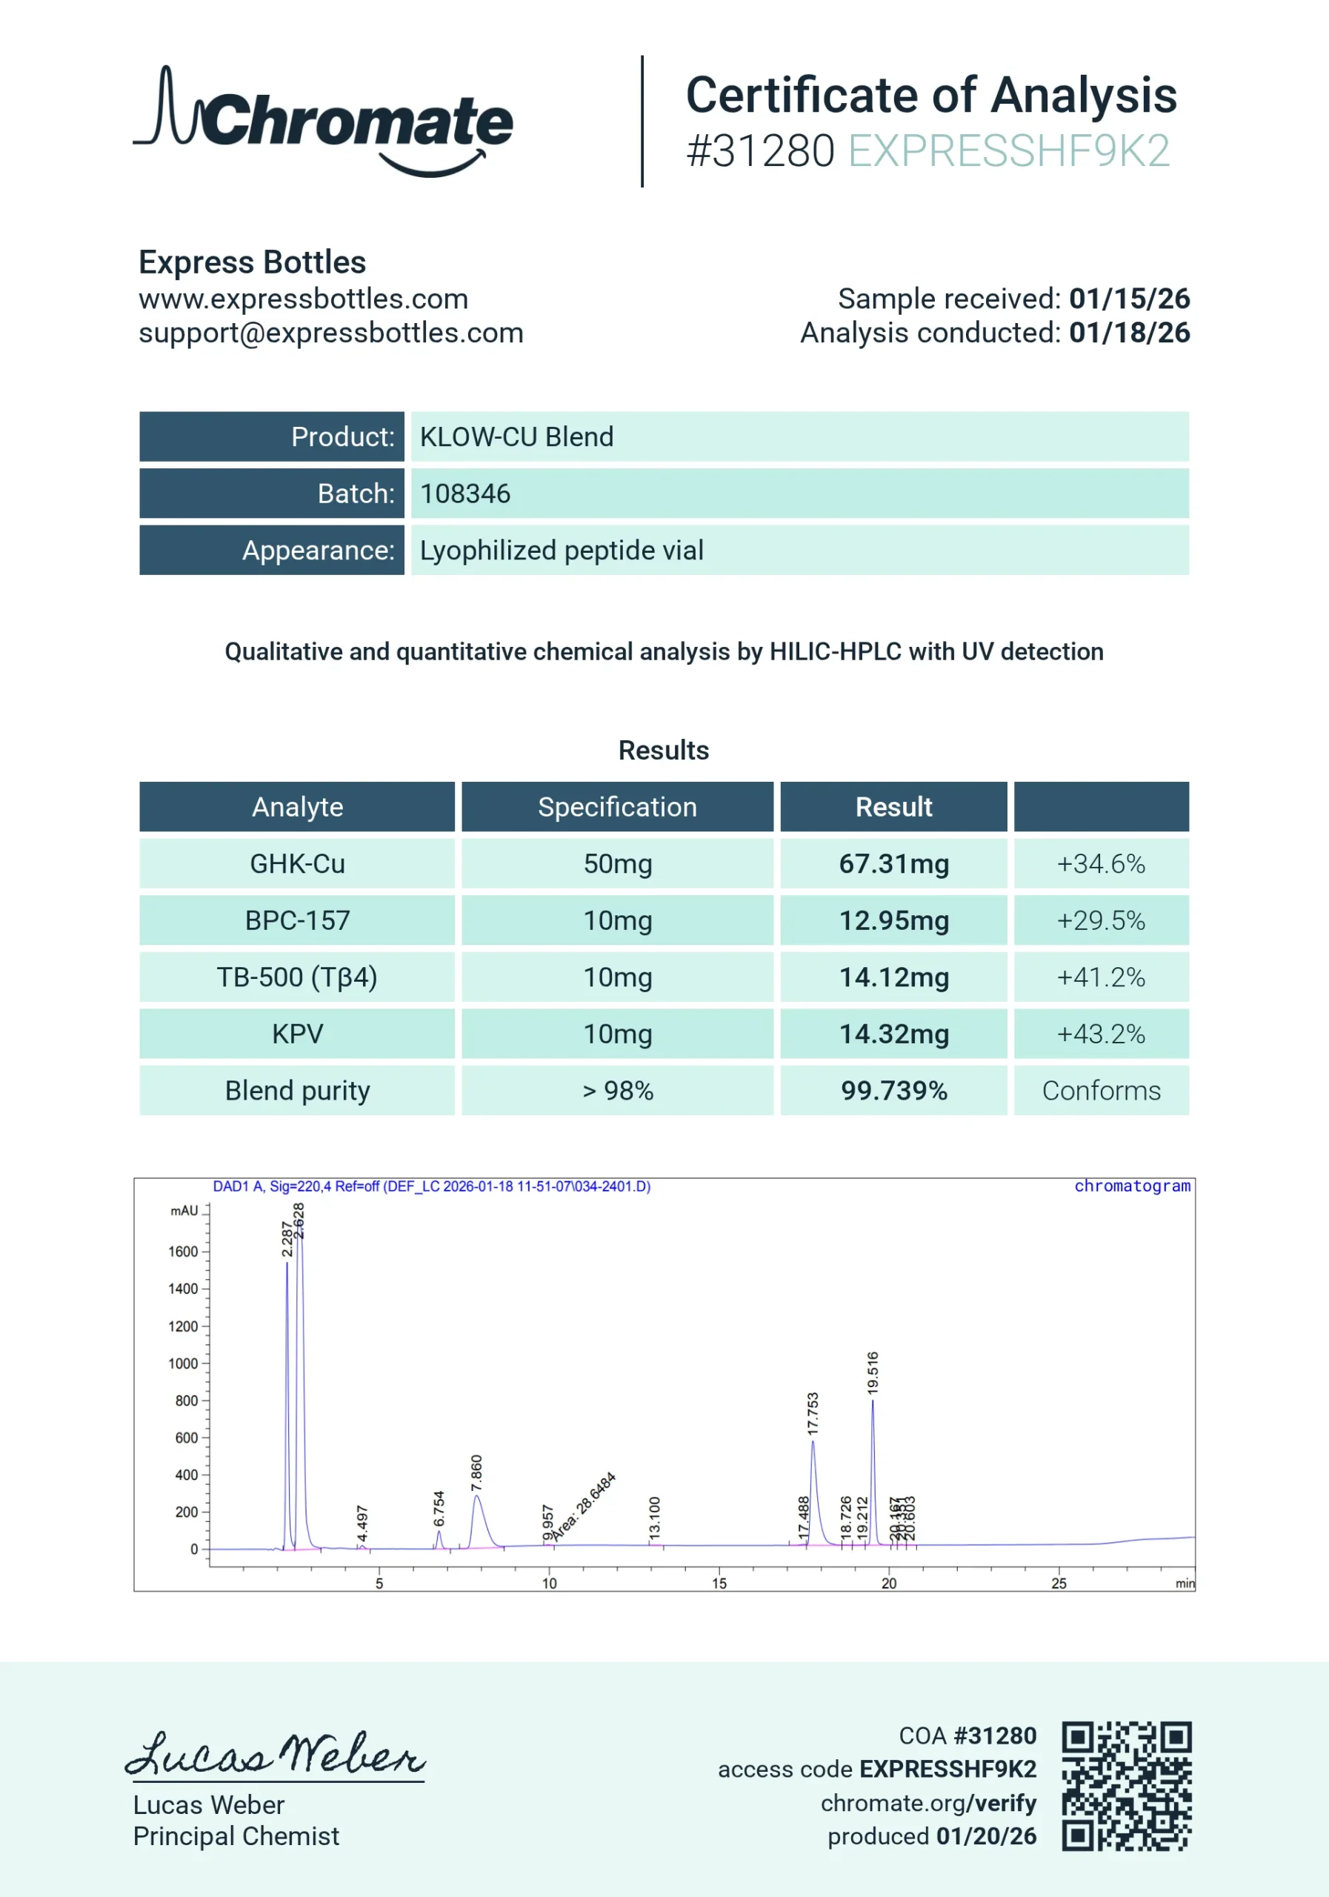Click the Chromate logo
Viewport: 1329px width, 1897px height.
[324, 121]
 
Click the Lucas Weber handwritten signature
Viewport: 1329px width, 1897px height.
[275, 1754]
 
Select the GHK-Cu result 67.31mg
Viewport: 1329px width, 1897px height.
[893, 864]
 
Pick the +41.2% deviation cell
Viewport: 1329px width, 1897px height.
[1101, 977]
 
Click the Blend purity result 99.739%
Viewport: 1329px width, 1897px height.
[893, 1091]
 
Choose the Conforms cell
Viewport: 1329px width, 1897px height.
[1101, 1091]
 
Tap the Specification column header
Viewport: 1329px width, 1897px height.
[617, 807]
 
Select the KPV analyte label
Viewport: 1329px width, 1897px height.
[297, 1034]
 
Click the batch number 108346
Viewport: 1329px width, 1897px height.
[465, 494]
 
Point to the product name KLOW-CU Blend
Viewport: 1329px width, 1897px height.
[516, 437]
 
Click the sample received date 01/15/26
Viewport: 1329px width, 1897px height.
[1129, 299]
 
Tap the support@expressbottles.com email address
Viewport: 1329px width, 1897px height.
[330, 333]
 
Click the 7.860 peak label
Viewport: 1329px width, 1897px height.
[476, 1473]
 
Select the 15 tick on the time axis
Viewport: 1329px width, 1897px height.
[719, 1583]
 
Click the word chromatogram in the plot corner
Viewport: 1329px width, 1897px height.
[1132, 1186]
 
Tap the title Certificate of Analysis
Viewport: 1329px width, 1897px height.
[931, 95]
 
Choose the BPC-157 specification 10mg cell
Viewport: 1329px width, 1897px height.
[617, 921]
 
